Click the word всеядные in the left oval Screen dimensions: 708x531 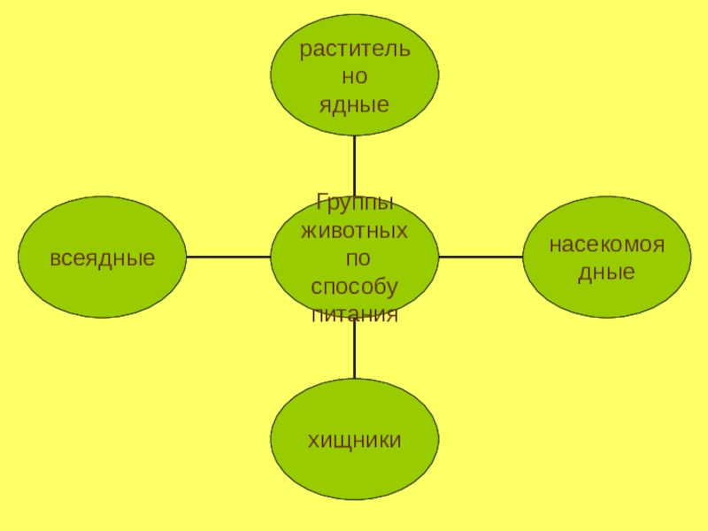(103, 258)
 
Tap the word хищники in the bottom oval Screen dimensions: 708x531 (354, 440)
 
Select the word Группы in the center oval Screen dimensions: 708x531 (354, 203)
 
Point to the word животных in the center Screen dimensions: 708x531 (354, 231)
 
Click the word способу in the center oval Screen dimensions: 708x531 (354, 288)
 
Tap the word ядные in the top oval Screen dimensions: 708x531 (354, 105)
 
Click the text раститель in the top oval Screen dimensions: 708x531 (354, 49)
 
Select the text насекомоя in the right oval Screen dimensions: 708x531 (606, 243)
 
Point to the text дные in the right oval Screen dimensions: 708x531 (606, 273)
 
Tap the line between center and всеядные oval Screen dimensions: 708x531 (228, 257)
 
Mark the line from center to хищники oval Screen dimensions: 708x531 (354, 350)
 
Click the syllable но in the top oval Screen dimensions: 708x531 (354, 77)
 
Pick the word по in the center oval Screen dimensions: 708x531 (354, 259)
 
